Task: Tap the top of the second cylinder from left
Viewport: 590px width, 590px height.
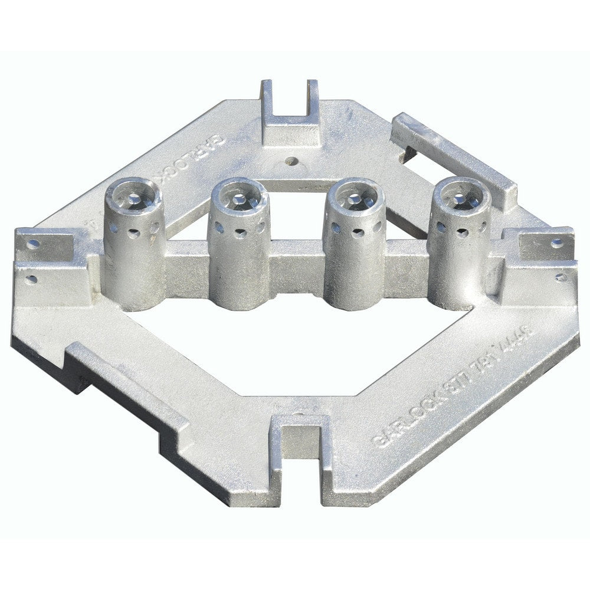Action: click(x=238, y=194)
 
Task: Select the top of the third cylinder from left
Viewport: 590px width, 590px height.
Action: click(x=356, y=194)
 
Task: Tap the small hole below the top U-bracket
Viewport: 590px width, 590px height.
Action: click(x=290, y=160)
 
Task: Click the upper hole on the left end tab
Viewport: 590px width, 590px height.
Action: click(x=34, y=242)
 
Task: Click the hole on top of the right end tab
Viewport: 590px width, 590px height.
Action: click(x=556, y=241)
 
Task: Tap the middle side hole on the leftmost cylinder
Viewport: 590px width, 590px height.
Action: click(x=134, y=234)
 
